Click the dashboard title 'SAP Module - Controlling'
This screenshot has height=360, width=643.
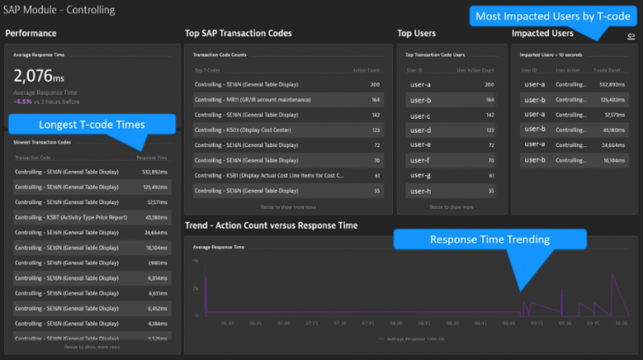coord(59,10)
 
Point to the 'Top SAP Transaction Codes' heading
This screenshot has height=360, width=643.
coord(238,34)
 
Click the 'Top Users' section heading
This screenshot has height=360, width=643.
coord(416,34)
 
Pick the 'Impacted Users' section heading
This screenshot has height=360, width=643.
coord(543,34)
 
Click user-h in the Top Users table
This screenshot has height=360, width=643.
coord(420,190)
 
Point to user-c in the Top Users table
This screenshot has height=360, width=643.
coord(420,115)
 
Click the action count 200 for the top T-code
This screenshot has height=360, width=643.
coord(375,84)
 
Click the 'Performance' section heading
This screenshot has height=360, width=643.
coord(31,34)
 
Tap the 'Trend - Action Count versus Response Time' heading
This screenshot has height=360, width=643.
coord(271,226)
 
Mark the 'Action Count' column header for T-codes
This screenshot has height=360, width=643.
coord(367,70)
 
